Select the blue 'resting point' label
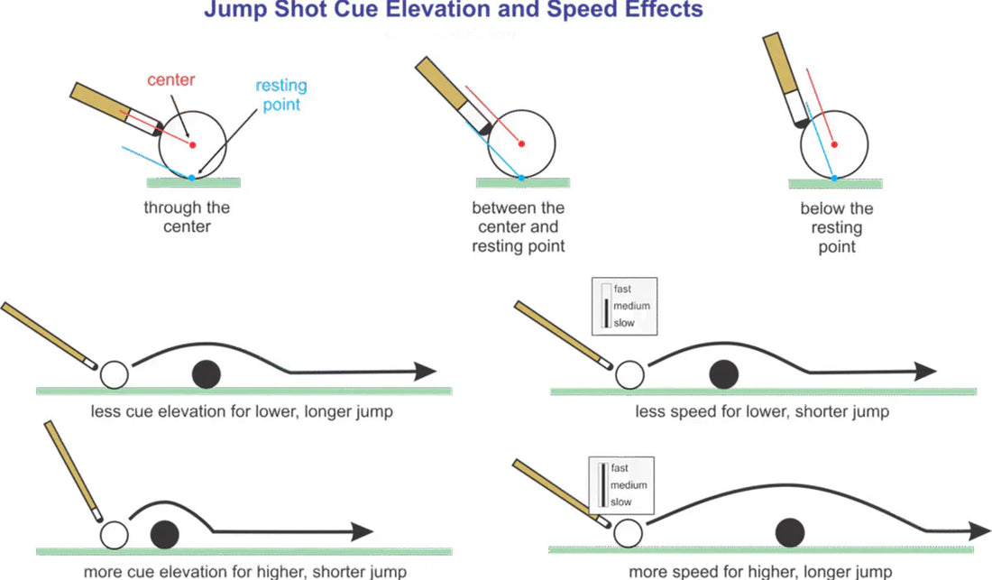point(280,95)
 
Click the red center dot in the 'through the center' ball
point(192,144)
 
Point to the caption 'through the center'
point(187,216)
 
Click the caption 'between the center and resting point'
point(518,226)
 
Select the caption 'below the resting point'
point(836,227)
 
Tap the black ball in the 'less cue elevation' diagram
point(207,373)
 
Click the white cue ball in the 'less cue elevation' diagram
point(115,373)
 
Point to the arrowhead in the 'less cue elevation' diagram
point(424,372)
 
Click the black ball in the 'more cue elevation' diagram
point(164,532)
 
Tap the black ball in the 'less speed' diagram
point(722,373)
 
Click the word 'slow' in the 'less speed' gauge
point(623,322)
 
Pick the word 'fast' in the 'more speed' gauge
point(620,468)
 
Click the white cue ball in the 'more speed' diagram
point(627,533)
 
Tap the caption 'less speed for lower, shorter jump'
point(762,411)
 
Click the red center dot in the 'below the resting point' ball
point(834,144)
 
